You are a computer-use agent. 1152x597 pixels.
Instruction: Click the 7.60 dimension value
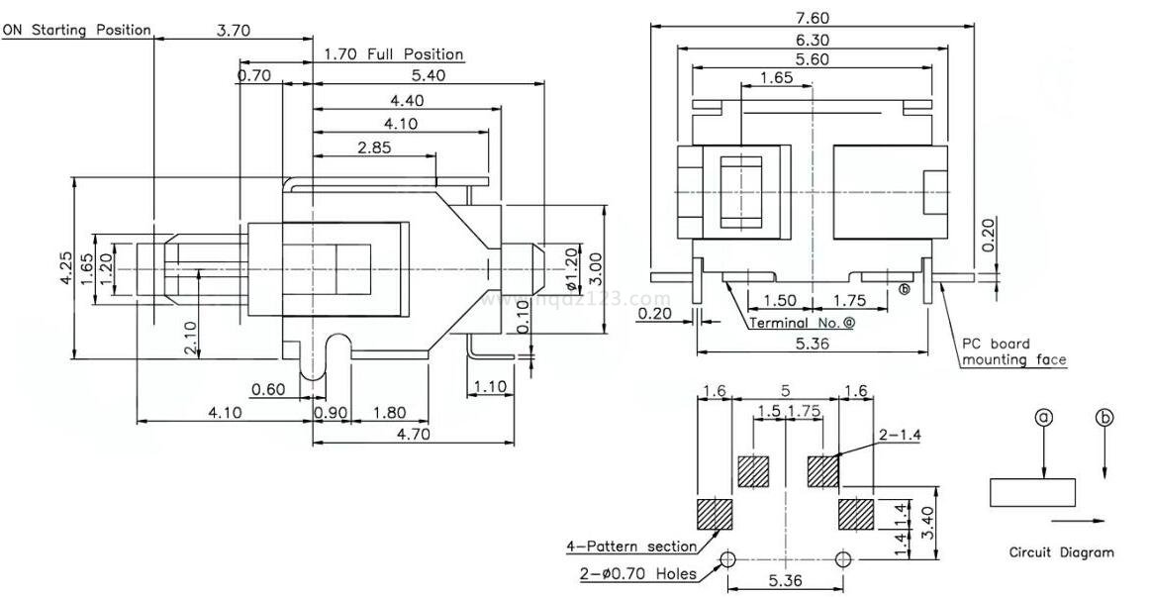point(811,17)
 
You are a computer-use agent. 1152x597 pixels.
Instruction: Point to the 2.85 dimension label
point(374,147)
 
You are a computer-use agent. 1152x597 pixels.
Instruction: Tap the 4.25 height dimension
point(65,268)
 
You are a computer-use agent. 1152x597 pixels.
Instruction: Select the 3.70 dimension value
point(234,30)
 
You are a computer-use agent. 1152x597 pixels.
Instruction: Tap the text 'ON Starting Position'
point(76,30)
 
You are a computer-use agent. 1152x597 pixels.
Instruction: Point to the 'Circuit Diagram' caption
point(1061,552)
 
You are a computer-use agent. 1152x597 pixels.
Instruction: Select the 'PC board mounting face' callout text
point(1014,352)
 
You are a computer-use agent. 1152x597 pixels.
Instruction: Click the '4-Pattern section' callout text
point(630,546)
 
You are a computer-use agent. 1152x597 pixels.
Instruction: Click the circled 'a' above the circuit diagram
point(1043,418)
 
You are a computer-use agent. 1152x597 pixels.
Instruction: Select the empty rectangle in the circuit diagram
point(1032,492)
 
